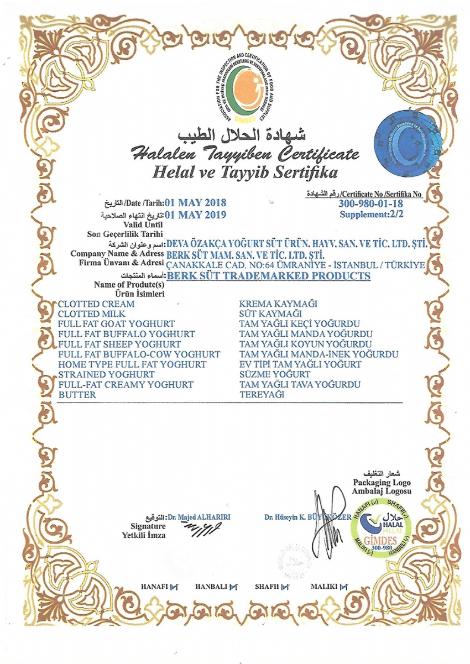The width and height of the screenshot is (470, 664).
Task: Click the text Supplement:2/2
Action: (x=372, y=214)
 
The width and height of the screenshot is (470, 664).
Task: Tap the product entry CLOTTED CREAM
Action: (x=96, y=304)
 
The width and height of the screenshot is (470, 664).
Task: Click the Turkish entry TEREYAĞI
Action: (x=262, y=395)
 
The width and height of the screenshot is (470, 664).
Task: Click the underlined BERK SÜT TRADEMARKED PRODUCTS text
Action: (x=268, y=275)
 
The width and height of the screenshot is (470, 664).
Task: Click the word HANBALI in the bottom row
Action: (x=211, y=587)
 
